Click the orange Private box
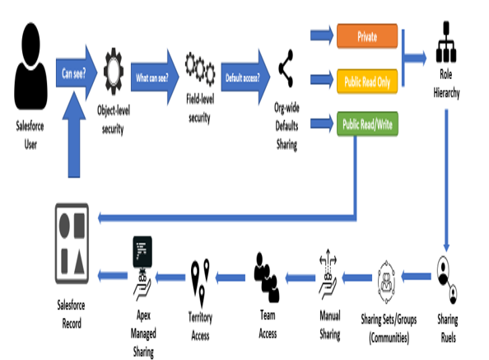[x=367, y=36]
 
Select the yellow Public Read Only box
[x=367, y=82]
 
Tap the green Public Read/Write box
[x=367, y=124]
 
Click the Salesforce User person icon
[x=30, y=66]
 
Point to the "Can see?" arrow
[x=77, y=73]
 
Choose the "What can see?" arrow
[x=155, y=77]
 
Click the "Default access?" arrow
[x=245, y=77]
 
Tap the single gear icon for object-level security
[x=114, y=72]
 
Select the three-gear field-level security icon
[x=200, y=68]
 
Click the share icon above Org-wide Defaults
[x=286, y=68]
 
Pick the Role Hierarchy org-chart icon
[x=446, y=42]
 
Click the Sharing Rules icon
[x=446, y=279]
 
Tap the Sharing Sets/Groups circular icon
[x=386, y=282]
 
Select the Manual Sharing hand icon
[x=328, y=274]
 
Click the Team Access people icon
[x=267, y=278]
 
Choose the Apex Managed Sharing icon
[x=142, y=268]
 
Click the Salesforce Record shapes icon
[x=72, y=243]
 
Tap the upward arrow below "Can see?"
[x=74, y=134]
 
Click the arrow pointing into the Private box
[x=322, y=35]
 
